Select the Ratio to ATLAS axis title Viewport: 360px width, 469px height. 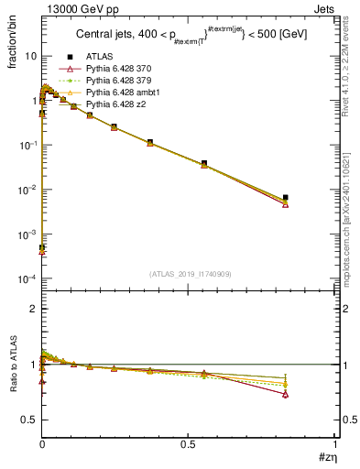coord(14,364)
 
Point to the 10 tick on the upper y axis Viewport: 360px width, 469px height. coord(31,56)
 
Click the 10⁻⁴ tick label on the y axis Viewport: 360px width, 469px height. coord(28,278)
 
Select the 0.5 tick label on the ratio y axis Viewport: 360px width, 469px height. coord(28,420)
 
